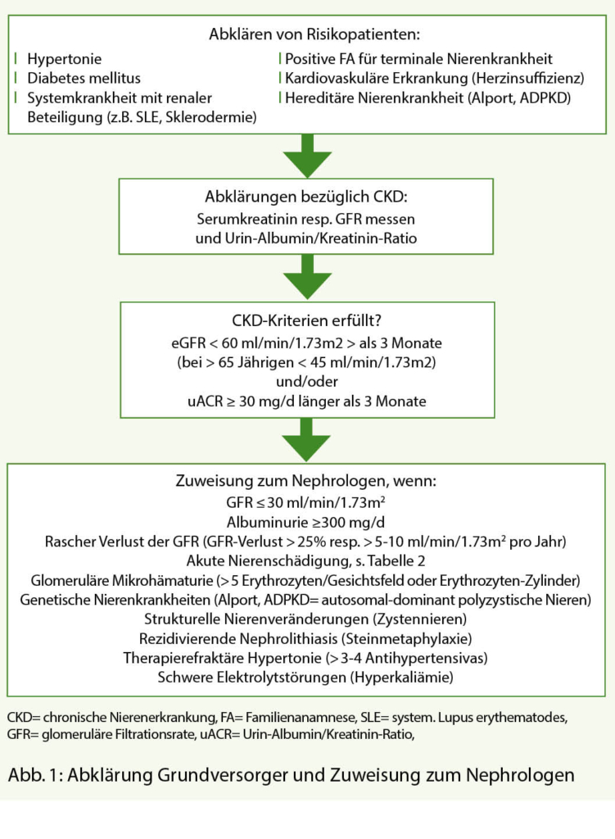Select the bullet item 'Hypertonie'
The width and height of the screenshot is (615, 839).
coord(62,60)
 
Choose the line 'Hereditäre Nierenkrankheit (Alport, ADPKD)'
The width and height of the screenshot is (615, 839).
coord(427,99)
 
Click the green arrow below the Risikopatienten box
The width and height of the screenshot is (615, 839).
coord(307,155)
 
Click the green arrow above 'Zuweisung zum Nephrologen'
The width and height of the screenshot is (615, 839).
coord(307,442)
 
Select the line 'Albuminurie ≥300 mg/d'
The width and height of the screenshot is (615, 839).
coord(307,522)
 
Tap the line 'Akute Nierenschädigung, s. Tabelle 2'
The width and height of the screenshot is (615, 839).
coord(307,561)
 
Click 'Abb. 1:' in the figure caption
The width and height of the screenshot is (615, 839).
coord(32,774)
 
